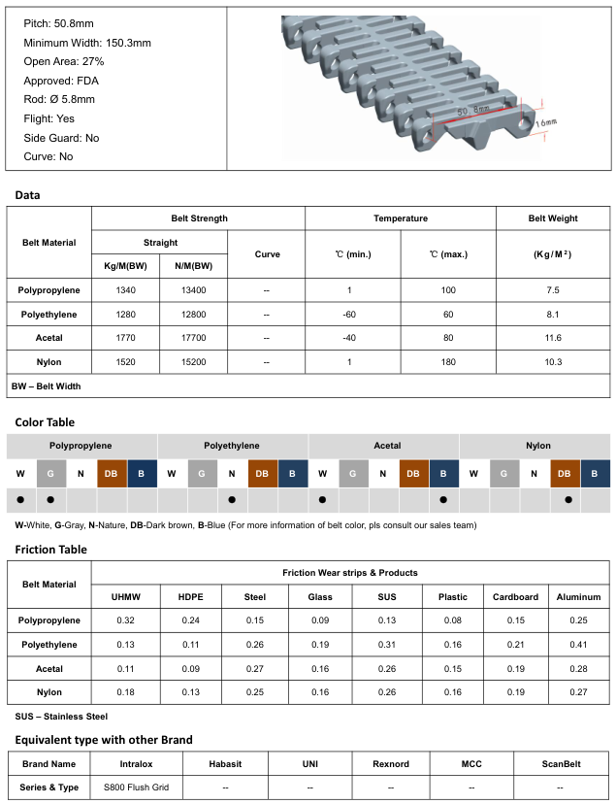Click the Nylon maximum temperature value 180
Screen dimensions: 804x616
(x=448, y=361)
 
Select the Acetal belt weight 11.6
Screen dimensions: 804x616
(x=553, y=338)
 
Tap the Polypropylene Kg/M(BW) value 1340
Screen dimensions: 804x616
(x=125, y=290)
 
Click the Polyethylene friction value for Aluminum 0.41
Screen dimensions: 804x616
(x=578, y=645)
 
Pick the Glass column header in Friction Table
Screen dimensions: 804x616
(x=320, y=597)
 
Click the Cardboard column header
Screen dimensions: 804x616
(x=515, y=597)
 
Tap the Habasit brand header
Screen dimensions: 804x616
(x=224, y=764)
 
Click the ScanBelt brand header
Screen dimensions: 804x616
(x=561, y=764)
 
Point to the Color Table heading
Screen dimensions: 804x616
(x=45, y=422)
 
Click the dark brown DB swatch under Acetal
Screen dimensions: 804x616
(x=413, y=473)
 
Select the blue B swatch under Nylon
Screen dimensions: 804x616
(x=595, y=473)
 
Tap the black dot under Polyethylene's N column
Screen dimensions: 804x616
(x=233, y=500)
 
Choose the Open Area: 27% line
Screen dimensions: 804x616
(x=64, y=62)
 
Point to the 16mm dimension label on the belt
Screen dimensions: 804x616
(x=546, y=124)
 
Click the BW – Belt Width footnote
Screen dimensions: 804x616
(x=47, y=386)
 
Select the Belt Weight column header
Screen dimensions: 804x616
(x=553, y=218)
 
